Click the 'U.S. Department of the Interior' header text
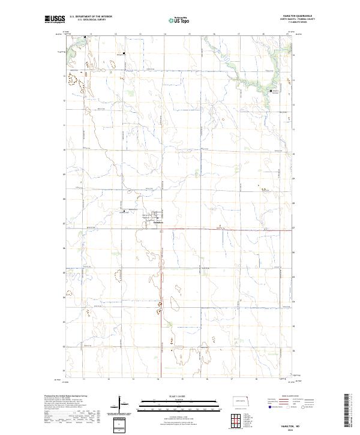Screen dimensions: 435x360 click(x=90, y=16)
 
